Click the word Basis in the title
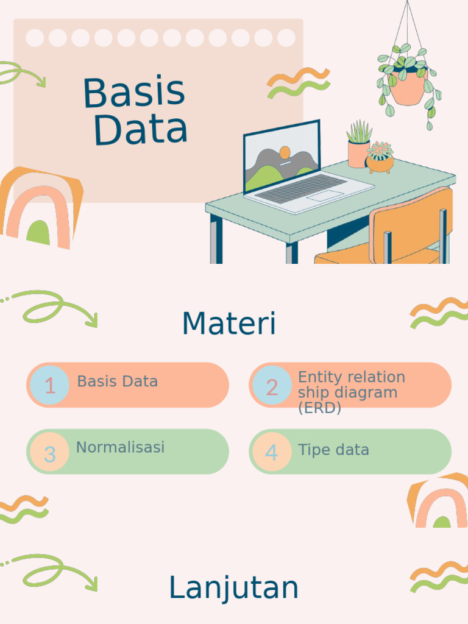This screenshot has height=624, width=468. [133, 93]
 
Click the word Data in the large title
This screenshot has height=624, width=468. [141, 130]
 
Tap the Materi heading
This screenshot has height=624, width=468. [229, 324]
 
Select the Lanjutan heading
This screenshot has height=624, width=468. [233, 588]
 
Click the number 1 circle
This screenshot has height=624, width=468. [50, 386]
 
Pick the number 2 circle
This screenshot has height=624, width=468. [272, 387]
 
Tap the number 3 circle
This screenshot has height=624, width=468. [50, 453]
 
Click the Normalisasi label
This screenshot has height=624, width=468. [120, 447]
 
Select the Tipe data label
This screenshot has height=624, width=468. [333, 450]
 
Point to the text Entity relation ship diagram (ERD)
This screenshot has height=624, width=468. [351, 392]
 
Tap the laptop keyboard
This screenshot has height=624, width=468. [299, 187]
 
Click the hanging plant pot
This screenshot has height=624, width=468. [407, 88]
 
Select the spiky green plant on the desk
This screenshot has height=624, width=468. [359, 132]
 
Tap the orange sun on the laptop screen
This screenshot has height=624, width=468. [285, 152]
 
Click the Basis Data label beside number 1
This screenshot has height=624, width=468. [117, 381]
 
